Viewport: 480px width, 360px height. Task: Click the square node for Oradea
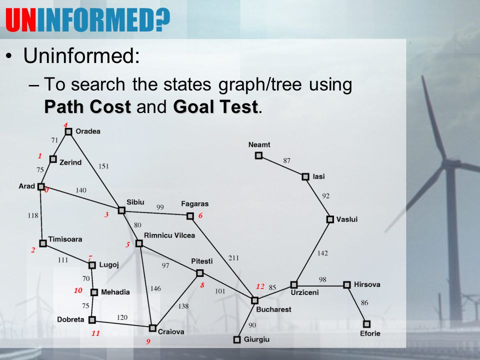[68, 131]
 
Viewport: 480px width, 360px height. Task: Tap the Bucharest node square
[254, 300]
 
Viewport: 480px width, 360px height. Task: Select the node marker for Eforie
[366, 324]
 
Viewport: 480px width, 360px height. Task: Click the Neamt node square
[258, 155]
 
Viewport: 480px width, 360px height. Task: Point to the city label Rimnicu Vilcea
[169, 235]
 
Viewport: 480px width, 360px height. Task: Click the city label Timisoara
[65, 239]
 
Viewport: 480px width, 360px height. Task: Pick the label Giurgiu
[256, 339]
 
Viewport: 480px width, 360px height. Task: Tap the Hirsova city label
[367, 284]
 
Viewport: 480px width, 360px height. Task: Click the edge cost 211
[233, 258]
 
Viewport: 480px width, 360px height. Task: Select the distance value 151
[103, 166]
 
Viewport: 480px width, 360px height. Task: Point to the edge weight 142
[322, 253]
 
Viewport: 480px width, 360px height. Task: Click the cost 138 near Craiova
[183, 306]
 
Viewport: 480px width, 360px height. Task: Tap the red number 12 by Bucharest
[260, 286]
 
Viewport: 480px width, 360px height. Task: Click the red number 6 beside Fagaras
[200, 215]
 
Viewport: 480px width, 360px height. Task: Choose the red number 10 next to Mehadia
[78, 290]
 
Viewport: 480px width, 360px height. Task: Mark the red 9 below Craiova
[148, 341]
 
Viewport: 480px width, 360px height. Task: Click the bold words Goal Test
[215, 107]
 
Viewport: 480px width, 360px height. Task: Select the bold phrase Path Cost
[87, 107]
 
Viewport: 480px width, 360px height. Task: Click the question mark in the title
[162, 19]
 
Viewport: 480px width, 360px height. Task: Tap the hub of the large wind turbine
[448, 164]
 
